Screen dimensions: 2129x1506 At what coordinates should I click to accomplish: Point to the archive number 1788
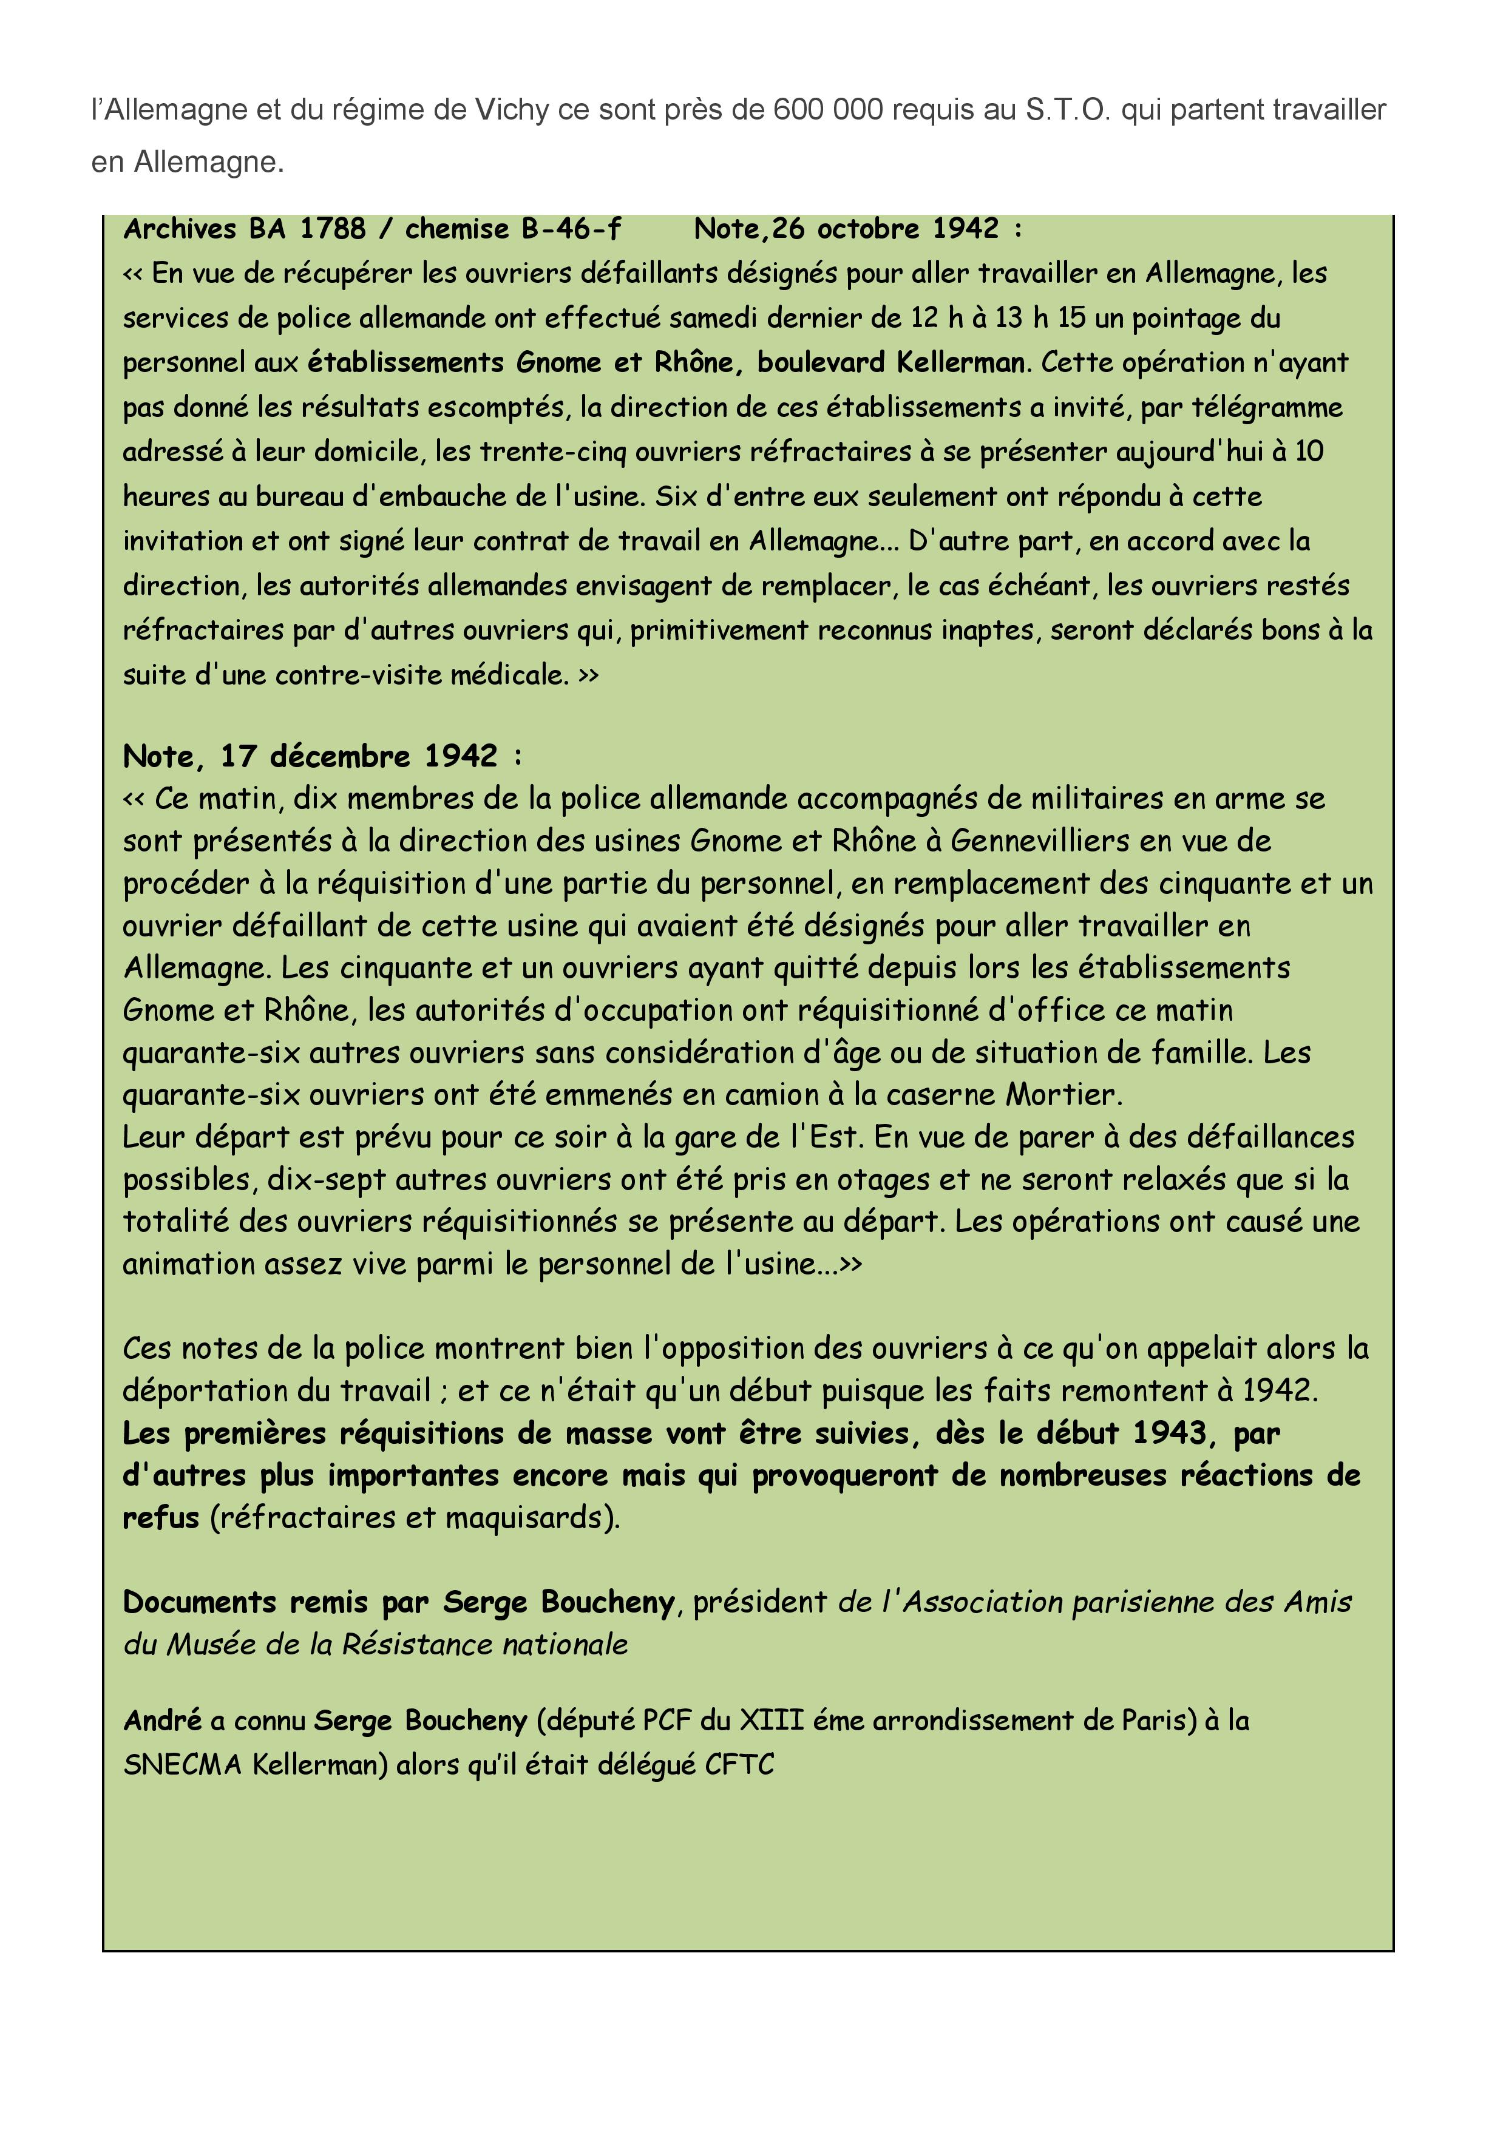click(333, 228)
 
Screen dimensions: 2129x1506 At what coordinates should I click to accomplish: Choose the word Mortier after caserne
click(1063, 1094)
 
